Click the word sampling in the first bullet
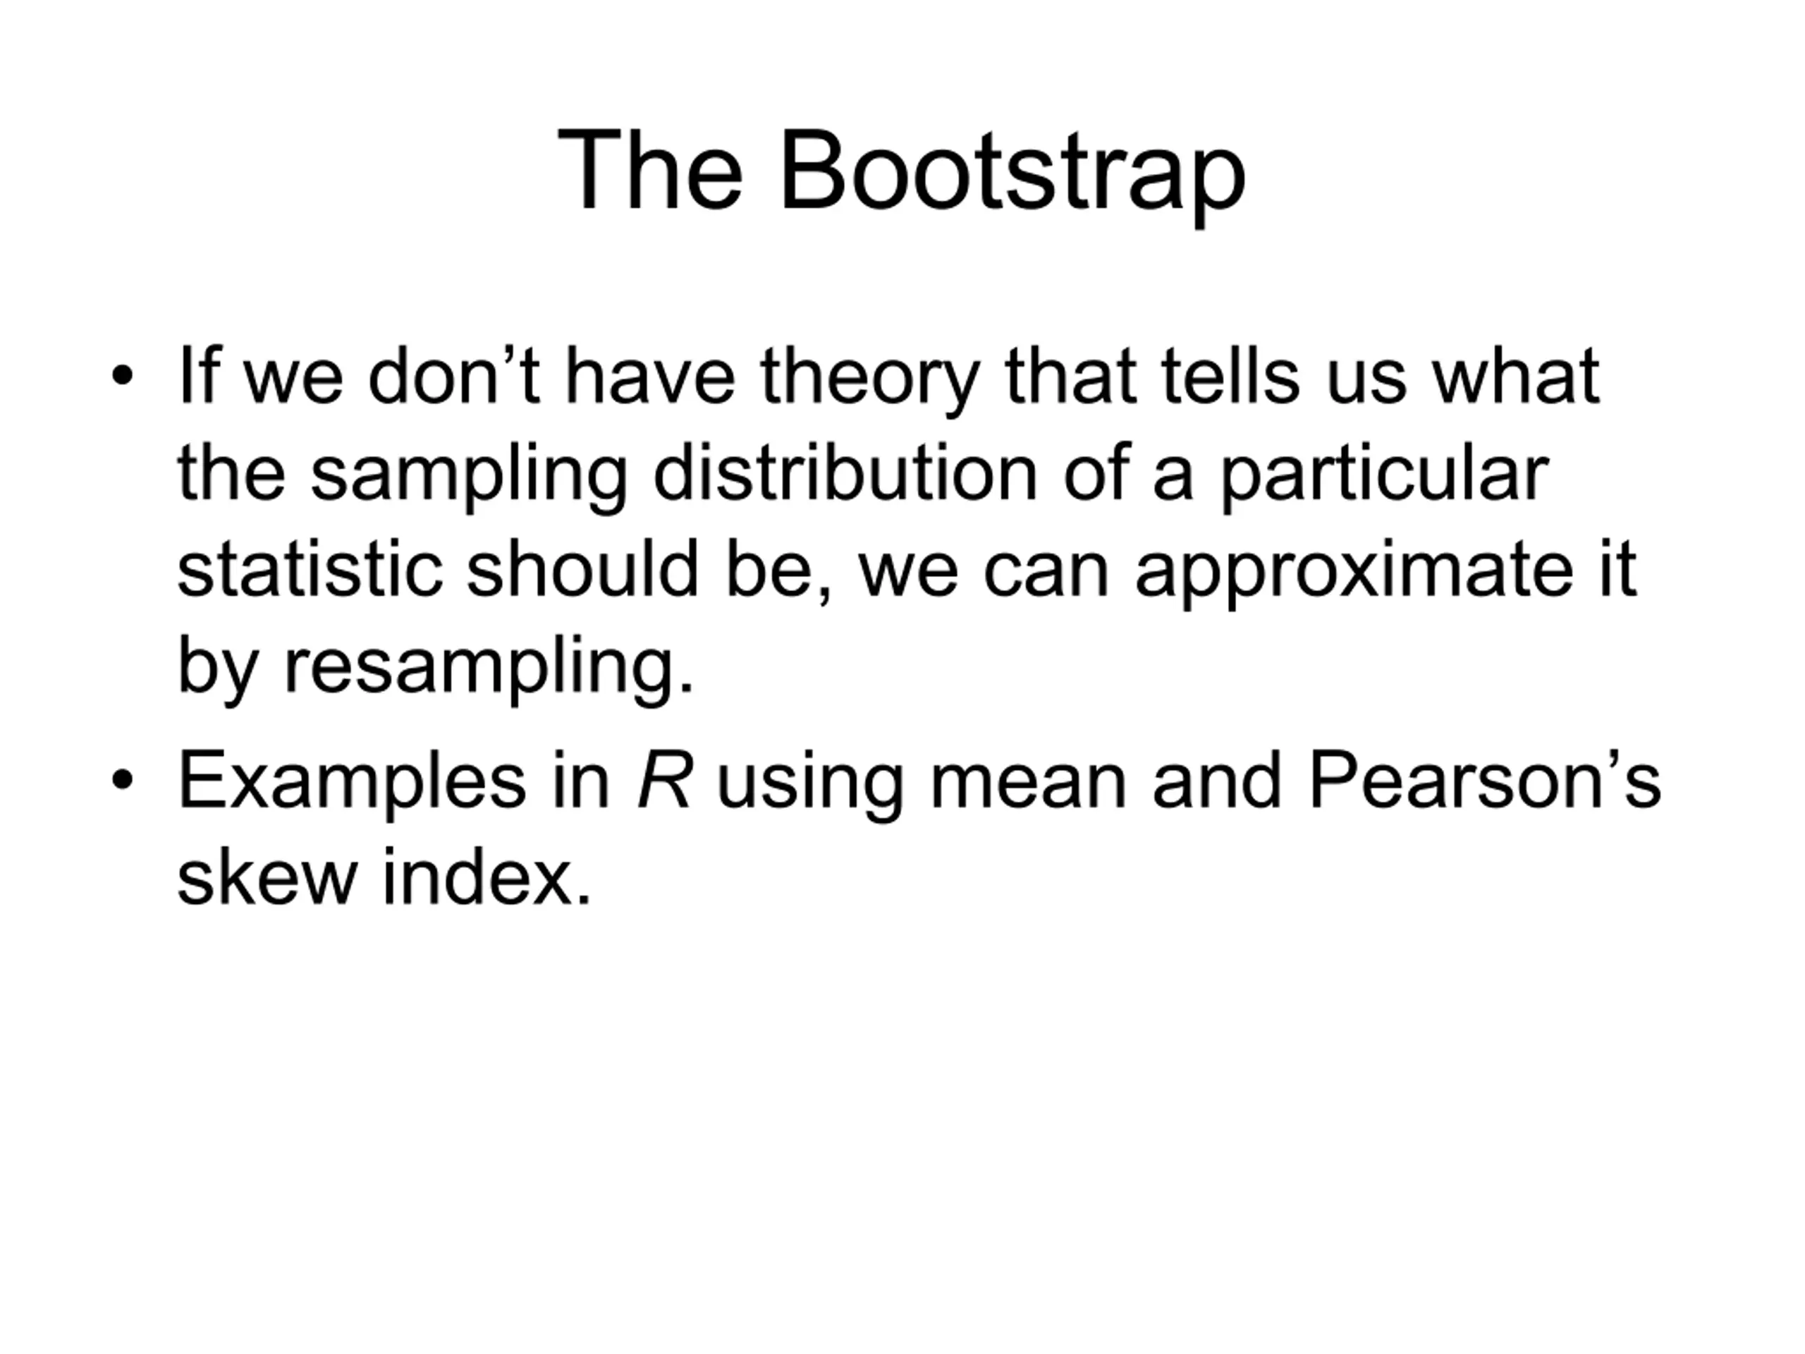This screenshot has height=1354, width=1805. (469, 477)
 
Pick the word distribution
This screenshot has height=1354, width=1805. (846, 472)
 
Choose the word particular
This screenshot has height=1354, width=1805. (1384, 477)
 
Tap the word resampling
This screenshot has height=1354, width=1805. (489, 670)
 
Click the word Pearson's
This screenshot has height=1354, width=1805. (1484, 780)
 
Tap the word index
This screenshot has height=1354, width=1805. (487, 877)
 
